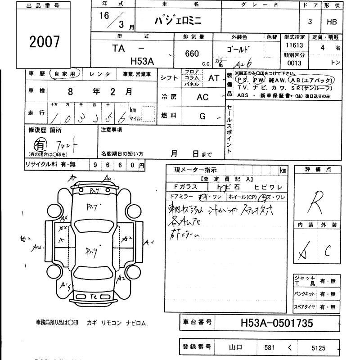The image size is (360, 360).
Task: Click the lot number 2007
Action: (44, 41)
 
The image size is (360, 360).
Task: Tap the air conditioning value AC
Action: (203, 97)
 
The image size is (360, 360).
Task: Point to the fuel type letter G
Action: (202, 116)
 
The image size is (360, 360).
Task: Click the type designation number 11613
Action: (294, 45)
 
